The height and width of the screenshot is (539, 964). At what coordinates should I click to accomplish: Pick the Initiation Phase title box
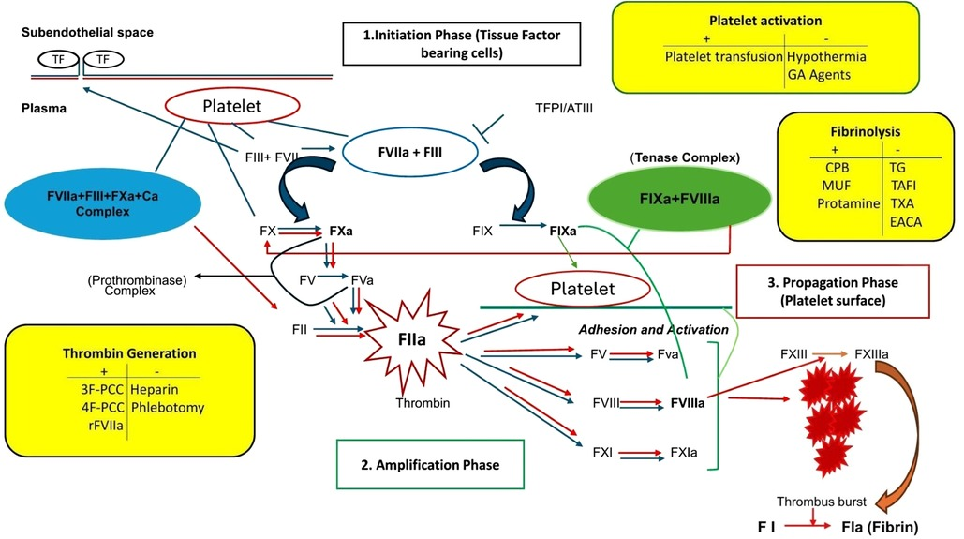[460, 43]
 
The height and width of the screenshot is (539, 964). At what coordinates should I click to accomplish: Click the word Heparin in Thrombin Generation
[156, 388]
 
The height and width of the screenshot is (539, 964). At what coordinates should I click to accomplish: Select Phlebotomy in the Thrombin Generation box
[168, 408]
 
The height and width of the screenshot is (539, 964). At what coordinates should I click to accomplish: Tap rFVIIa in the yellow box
[99, 427]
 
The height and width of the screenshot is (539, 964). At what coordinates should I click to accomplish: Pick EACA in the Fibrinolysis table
[905, 222]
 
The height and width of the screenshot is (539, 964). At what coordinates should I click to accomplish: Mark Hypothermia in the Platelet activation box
[826, 56]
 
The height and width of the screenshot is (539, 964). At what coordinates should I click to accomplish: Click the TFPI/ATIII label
[562, 109]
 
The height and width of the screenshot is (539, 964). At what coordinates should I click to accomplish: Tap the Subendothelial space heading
[87, 33]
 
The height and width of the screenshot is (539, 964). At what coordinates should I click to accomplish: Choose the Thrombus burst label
[821, 502]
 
